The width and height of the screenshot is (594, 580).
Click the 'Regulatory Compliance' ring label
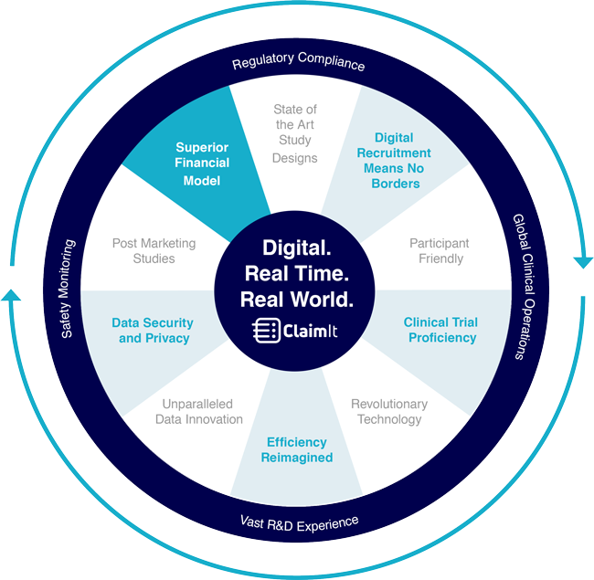pyautogui.click(x=298, y=64)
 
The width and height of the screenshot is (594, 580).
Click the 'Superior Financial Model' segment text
pyautogui.click(x=202, y=163)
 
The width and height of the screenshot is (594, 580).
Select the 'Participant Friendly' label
pyautogui.click(x=439, y=251)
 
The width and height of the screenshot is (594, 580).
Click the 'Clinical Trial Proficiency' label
pyautogui.click(x=440, y=330)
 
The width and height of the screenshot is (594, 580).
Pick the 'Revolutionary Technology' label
pyautogui.click(x=388, y=411)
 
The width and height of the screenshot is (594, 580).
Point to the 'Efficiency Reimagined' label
pyautogui.click(x=297, y=449)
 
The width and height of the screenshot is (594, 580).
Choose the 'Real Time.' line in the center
pyautogui.click(x=296, y=273)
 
